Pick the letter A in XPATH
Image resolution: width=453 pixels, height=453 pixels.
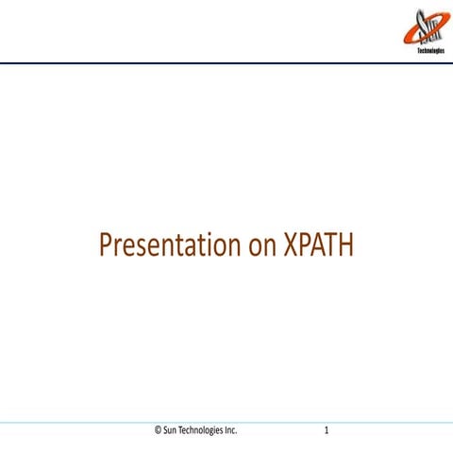tap(317, 245)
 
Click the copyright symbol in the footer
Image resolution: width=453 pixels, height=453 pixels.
tap(158, 430)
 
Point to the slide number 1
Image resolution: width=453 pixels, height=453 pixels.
tap(326, 430)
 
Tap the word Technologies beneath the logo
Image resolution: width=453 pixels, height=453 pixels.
tap(431, 51)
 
